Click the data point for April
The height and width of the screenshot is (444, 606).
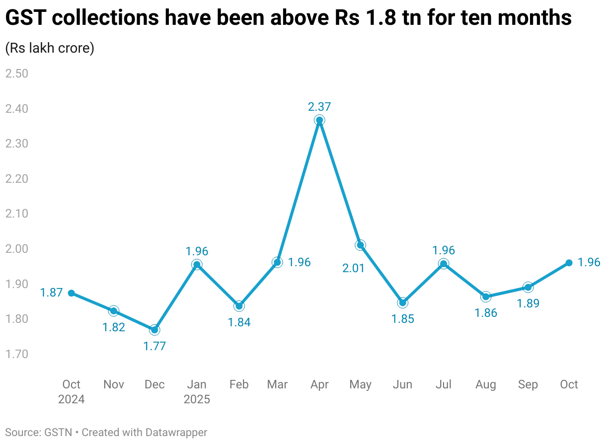coord(319,120)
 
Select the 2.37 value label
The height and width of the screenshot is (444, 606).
coord(319,106)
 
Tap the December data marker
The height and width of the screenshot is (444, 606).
coord(154,330)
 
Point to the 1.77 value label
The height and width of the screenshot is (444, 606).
coord(154,346)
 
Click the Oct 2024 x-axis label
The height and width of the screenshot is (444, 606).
coord(72,391)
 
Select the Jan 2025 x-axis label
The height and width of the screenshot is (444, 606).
coord(197,391)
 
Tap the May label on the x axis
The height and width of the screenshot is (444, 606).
coord(360,384)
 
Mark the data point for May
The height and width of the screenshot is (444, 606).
coord(361,245)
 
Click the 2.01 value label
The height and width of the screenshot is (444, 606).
coord(354,268)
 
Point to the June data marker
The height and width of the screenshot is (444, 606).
coord(403,302)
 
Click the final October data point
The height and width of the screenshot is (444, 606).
coord(569,263)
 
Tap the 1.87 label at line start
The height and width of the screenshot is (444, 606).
coord(52,293)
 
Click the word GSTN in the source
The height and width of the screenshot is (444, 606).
coord(57,433)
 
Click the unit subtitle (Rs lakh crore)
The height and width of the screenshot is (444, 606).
coord(50,49)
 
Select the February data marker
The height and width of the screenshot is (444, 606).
coord(239,306)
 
